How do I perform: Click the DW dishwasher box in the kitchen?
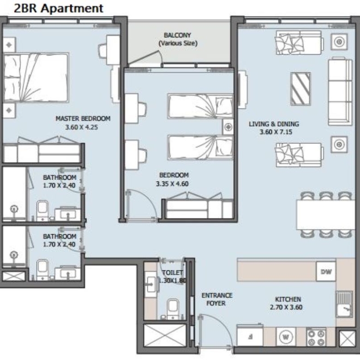326,271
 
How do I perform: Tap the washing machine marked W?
286,337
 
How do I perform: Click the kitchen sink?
344,305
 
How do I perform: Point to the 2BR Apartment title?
59,8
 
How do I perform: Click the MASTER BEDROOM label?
83,119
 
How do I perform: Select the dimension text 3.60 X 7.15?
276,132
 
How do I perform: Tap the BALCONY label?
177,35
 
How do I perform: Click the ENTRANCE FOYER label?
217,299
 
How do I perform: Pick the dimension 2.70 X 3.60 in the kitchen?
286,307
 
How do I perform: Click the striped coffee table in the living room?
300,89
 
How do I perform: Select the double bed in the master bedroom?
36,78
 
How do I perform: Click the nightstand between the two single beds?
228,127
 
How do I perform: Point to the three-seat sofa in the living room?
340,92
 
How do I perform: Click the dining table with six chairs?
326,215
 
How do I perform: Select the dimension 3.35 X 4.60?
172,184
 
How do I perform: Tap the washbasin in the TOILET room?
151,284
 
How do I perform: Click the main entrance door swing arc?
221,326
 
